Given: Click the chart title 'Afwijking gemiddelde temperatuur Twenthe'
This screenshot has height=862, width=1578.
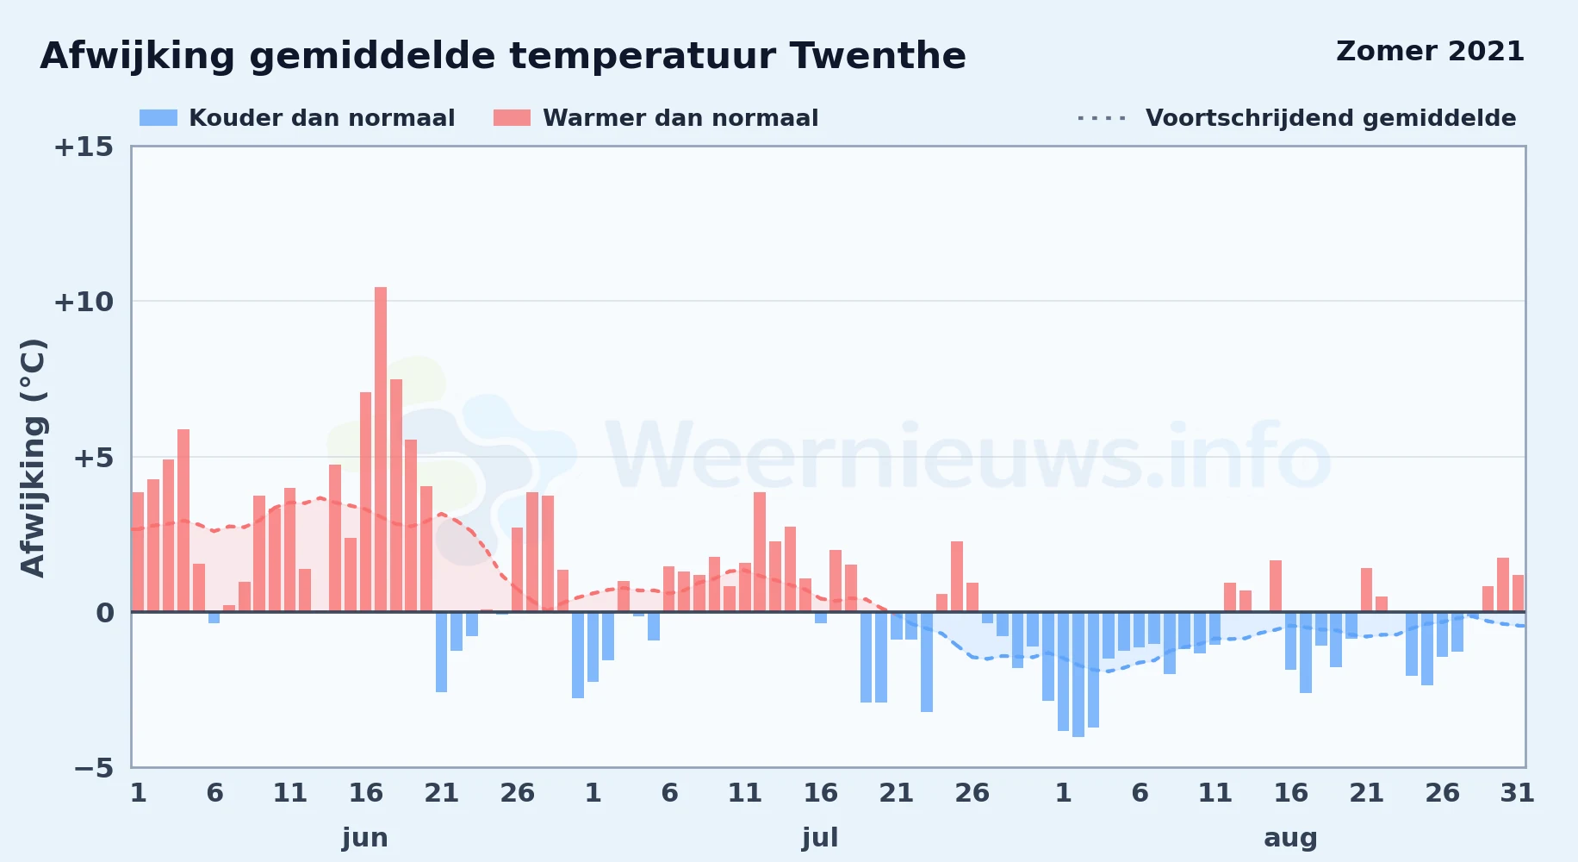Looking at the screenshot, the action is point(503,57).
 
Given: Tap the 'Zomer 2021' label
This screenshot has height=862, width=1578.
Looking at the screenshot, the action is point(1430,52).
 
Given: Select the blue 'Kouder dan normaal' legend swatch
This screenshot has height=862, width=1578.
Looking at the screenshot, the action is point(158,118).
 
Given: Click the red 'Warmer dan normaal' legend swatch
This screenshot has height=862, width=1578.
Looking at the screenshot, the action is point(512,118).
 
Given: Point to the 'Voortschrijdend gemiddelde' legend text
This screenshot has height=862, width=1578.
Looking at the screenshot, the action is point(1331,118).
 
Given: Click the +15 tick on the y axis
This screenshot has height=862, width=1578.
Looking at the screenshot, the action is point(84,147).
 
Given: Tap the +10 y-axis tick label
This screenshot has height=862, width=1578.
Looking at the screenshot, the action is point(84,302).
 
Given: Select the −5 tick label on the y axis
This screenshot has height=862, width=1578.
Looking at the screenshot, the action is point(93,768).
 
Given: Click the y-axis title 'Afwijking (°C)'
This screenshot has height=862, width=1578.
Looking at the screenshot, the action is point(33,458).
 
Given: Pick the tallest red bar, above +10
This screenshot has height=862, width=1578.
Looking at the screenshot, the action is point(381,449).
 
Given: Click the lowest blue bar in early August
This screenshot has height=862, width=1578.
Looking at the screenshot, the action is point(1078,674).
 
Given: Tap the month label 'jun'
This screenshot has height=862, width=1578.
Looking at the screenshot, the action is point(365,838).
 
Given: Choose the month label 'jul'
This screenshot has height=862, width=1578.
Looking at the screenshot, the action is point(820,838).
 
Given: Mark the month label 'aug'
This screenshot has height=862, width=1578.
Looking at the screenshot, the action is point(1290,839).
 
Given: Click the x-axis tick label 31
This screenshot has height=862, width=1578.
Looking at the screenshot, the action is point(1517,793).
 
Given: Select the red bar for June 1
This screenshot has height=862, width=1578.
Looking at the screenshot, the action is point(138,552).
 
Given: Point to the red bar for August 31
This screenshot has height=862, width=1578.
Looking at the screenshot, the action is point(1518,593).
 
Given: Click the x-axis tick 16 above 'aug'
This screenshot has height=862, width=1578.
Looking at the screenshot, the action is point(1290,793).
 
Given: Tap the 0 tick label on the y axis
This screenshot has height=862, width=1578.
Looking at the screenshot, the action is point(104,613).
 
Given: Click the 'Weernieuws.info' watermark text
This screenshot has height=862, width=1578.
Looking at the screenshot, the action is point(969,457).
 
